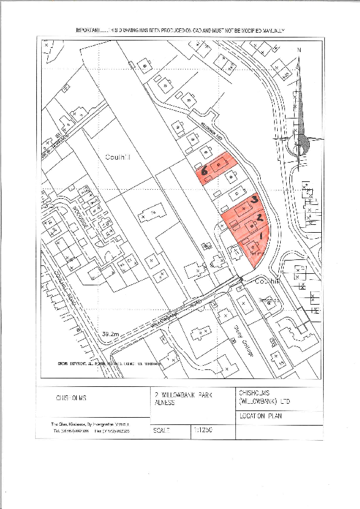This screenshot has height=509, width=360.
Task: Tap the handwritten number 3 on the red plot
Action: coord(255,198)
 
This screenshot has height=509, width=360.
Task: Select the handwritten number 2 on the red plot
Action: coord(260,216)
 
